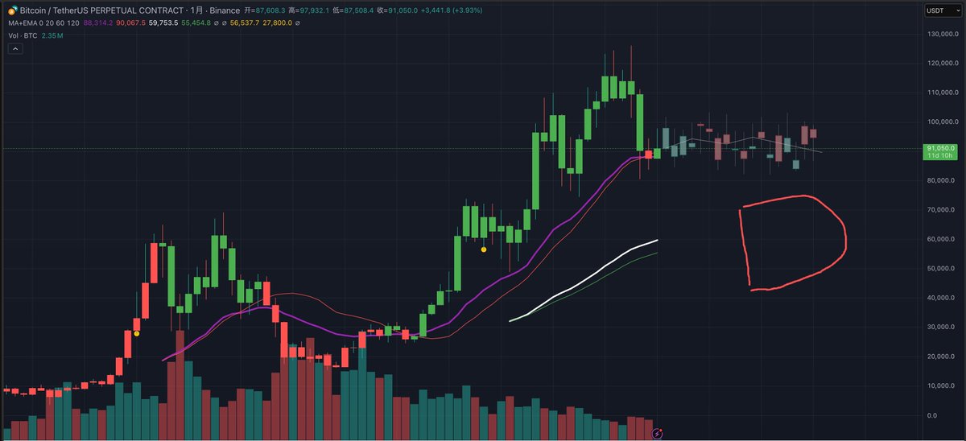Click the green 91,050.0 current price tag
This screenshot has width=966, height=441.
pyautogui.click(x=939, y=149)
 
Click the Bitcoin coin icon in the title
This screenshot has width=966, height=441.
pyautogui.click(x=12, y=9)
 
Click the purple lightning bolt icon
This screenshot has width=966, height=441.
pyautogui.click(x=658, y=433)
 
